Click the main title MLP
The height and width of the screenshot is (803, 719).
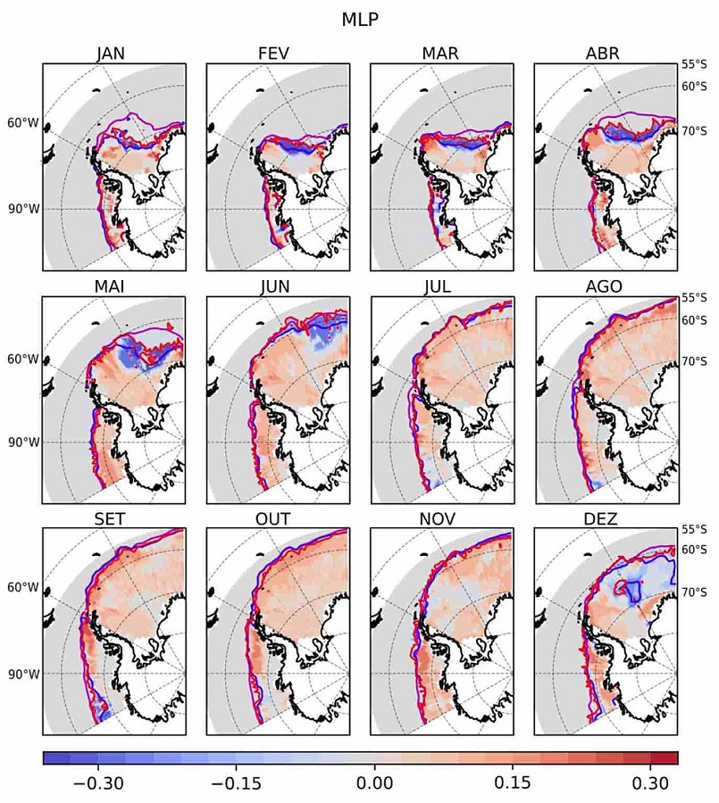click(360, 19)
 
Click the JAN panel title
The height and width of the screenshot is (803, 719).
click(114, 53)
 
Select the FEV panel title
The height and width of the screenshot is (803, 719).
click(278, 53)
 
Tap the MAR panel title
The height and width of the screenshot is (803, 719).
click(441, 53)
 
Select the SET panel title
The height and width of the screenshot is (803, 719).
click(114, 518)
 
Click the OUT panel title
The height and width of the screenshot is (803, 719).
click(278, 518)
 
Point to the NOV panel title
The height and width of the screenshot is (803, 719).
click(441, 518)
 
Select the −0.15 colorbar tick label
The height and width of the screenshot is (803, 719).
click(234, 783)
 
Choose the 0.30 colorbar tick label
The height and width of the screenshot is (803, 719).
click(653, 783)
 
